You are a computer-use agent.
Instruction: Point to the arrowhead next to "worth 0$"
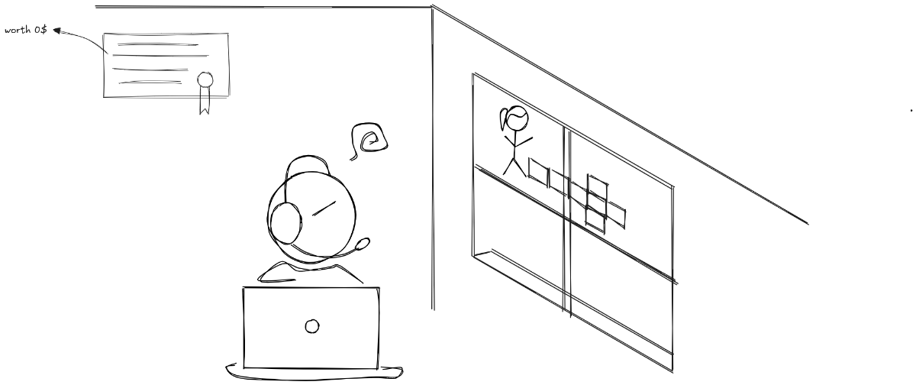[x=57, y=31]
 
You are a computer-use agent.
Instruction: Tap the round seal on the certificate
[x=205, y=79]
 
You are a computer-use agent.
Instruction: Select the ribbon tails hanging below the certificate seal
[x=204, y=102]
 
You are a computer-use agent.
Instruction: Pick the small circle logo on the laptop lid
[x=311, y=326]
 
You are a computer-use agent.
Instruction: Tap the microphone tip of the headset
[x=364, y=244]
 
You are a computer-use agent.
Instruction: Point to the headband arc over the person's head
[x=305, y=161]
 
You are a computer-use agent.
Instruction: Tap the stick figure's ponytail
[x=502, y=119]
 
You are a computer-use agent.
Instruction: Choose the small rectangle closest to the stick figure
[x=538, y=172]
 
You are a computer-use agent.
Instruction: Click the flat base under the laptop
[x=313, y=371]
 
